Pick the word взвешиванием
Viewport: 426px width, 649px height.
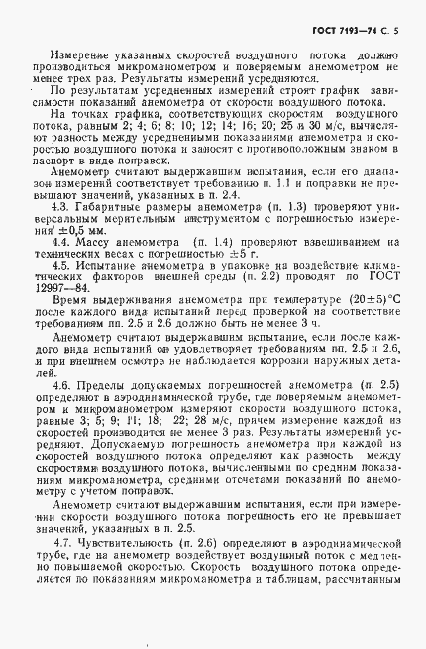click(x=334, y=241)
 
